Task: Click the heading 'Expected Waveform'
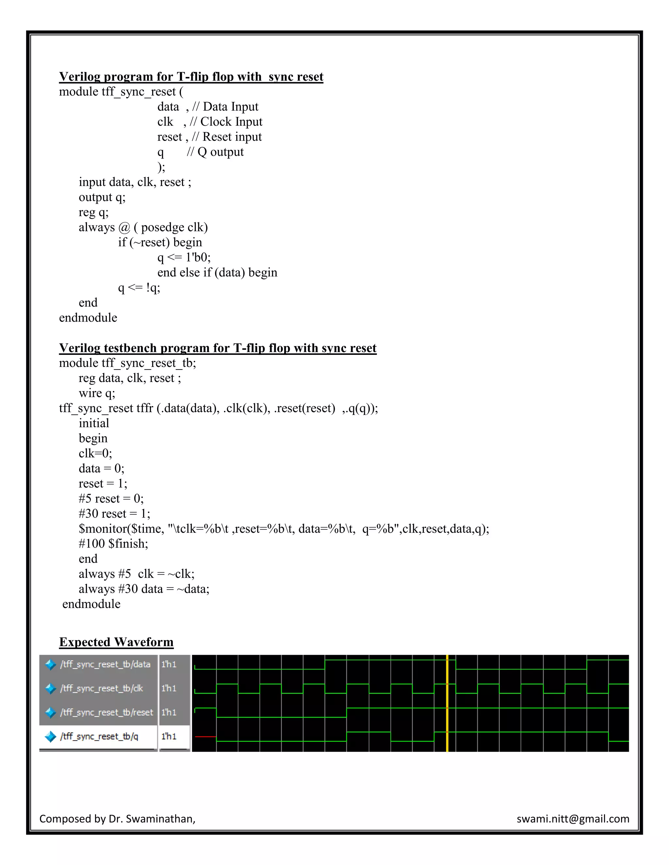pyautogui.click(x=116, y=642)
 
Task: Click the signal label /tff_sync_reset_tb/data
pyautogui.click(x=105, y=664)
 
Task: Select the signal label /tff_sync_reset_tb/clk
pyautogui.click(x=102, y=688)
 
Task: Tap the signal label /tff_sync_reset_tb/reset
pyautogui.click(x=106, y=712)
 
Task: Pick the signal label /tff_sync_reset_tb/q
pyautogui.click(x=99, y=736)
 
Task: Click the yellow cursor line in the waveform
pyautogui.click(x=447, y=703)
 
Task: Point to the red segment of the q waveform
pyautogui.click(x=205, y=737)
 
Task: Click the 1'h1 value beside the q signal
pyautogui.click(x=169, y=736)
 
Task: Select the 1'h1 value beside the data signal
pyautogui.click(x=169, y=664)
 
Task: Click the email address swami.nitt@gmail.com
pyautogui.click(x=573, y=819)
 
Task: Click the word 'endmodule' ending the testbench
pyautogui.click(x=91, y=604)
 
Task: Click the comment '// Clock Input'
pyautogui.click(x=226, y=122)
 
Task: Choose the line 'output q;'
pyautogui.click(x=102, y=197)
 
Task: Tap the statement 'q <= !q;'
pyautogui.click(x=139, y=288)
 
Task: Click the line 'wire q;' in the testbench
pyautogui.click(x=97, y=393)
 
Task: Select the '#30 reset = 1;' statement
pyautogui.click(x=115, y=514)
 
